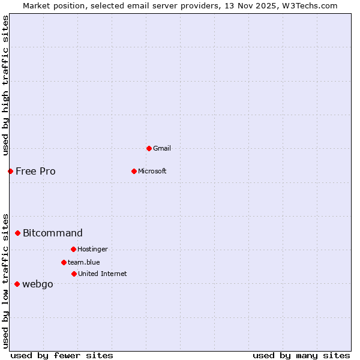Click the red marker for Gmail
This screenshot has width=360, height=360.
point(149,148)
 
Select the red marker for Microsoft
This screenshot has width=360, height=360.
point(134,171)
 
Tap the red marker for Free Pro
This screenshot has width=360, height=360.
point(10,171)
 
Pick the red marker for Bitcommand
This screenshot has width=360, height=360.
point(17,233)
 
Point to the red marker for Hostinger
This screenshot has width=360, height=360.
point(73,249)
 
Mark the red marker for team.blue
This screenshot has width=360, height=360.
point(64,262)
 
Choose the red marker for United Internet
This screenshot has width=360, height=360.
point(74,274)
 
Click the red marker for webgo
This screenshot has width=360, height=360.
point(17,284)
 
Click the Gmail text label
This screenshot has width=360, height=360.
point(162,148)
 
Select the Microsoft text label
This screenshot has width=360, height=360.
point(152,171)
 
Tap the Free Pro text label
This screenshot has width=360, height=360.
point(35,171)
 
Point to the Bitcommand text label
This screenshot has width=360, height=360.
point(53,233)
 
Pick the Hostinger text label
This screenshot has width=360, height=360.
point(92,249)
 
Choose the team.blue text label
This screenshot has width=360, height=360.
point(84,262)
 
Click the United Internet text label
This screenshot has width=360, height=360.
point(103,274)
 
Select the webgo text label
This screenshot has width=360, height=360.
point(38,284)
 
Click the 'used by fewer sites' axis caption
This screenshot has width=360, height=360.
point(62,355)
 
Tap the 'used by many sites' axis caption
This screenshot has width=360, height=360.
point(301,355)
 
